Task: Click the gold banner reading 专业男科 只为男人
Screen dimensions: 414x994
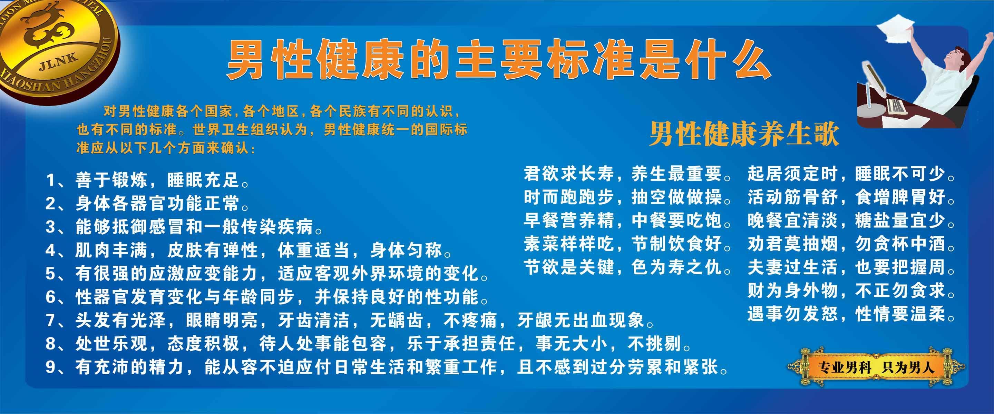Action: click(876, 367)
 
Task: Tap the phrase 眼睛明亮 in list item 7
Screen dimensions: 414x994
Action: click(222, 320)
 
